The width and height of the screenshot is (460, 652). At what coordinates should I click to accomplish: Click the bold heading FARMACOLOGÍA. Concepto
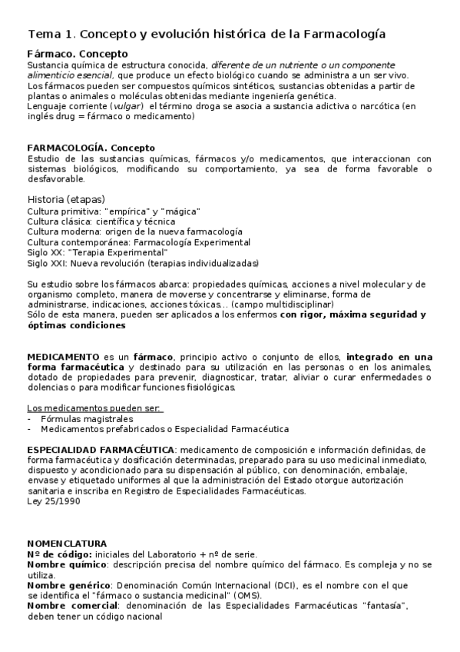[91, 148]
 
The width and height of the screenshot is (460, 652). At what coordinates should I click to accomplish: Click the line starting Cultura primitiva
[114, 211]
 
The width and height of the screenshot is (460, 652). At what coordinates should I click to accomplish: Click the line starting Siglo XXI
[142, 263]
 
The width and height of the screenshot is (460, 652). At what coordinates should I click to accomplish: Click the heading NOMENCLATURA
[67, 543]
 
